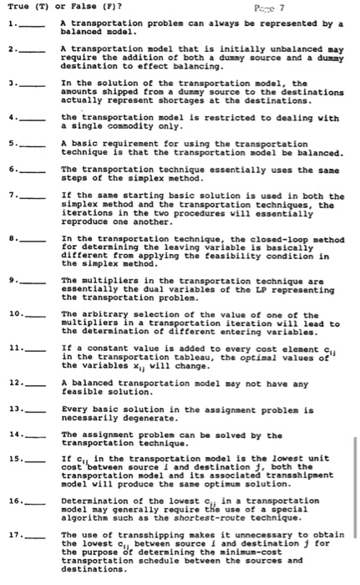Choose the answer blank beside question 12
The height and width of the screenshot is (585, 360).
click(x=33, y=383)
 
